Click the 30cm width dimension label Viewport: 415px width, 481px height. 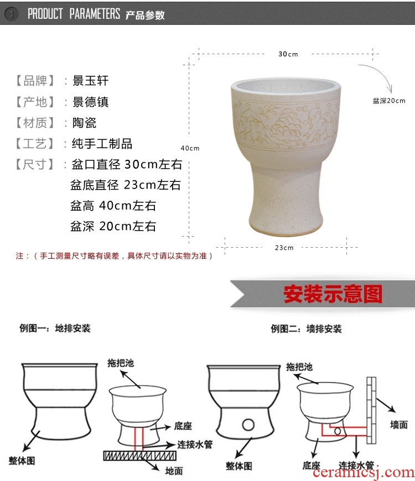(288, 54)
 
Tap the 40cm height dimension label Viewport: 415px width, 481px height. (190, 148)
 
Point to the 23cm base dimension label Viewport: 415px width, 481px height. (284, 248)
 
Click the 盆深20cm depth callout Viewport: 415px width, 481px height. (389, 101)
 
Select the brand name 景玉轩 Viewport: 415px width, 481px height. (91, 81)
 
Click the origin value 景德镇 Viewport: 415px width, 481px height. (91, 102)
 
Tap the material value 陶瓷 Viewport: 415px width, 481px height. (85, 123)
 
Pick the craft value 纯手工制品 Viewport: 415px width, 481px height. (102, 144)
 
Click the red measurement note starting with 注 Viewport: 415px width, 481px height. (114, 256)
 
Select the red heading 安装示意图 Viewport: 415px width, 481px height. (333, 294)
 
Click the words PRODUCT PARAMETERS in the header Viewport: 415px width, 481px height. (74, 14)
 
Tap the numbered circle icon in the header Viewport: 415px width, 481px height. (12, 14)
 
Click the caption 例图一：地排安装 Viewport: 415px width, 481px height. (55, 328)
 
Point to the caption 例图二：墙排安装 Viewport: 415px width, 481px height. (306, 329)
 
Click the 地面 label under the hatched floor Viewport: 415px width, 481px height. (174, 470)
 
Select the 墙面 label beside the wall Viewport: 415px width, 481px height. (399, 425)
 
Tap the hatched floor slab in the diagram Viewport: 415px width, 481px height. (139, 456)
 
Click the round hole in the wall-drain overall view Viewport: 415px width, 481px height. (248, 425)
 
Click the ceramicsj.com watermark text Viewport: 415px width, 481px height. (364, 473)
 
